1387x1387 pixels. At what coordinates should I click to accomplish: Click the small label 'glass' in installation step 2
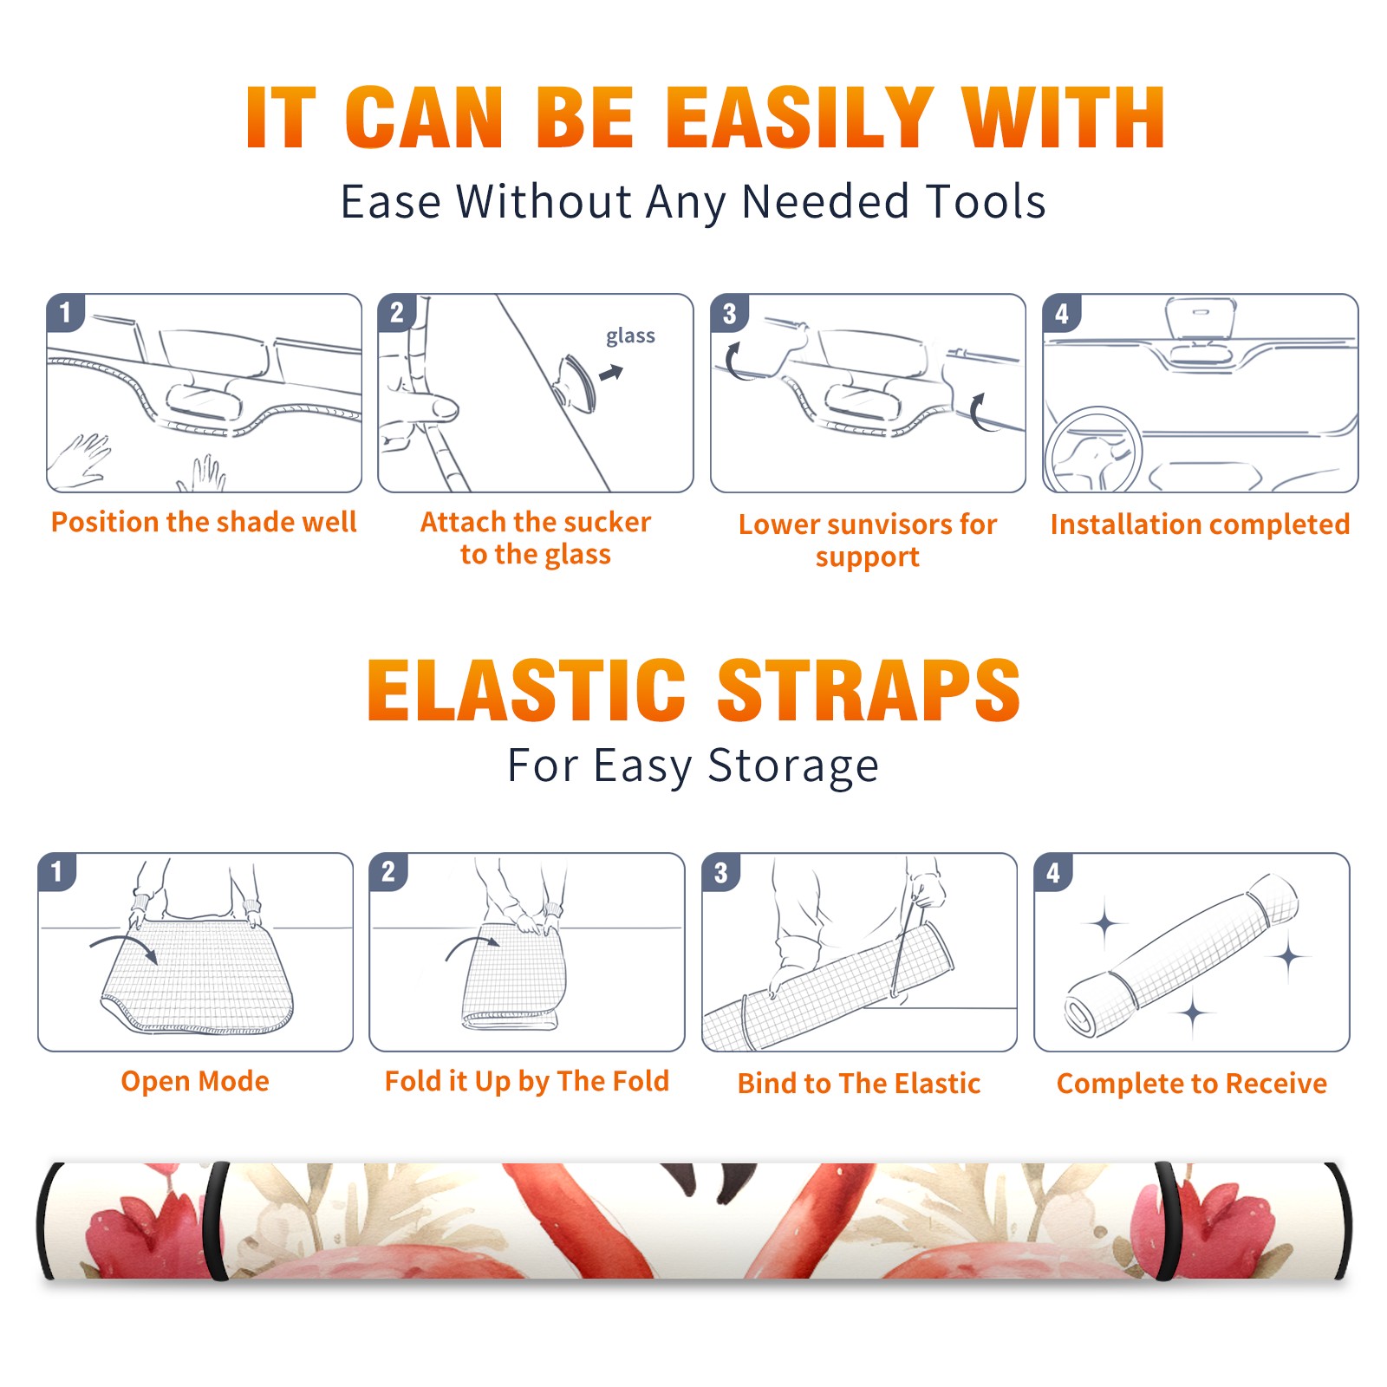[630, 336]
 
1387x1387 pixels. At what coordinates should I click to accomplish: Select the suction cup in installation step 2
[577, 382]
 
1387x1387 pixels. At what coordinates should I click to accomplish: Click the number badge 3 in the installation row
[729, 314]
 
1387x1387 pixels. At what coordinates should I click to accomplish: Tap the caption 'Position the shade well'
[204, 522]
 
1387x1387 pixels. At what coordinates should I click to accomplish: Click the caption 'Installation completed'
[1200, 524]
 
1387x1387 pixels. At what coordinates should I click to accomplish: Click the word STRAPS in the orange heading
[869, 690]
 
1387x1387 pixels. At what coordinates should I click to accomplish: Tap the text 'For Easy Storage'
[693, 765]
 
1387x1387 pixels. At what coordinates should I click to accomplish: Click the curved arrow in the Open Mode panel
[124, 946]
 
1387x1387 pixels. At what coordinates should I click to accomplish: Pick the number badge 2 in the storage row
[388, 872]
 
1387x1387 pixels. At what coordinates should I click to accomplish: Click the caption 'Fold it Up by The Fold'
[527, 1081]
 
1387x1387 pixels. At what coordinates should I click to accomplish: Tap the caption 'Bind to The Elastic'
[858, 1084]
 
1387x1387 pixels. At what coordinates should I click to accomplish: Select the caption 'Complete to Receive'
[1192, 1084]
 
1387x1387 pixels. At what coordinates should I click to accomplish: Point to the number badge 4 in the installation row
[1061, 314]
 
